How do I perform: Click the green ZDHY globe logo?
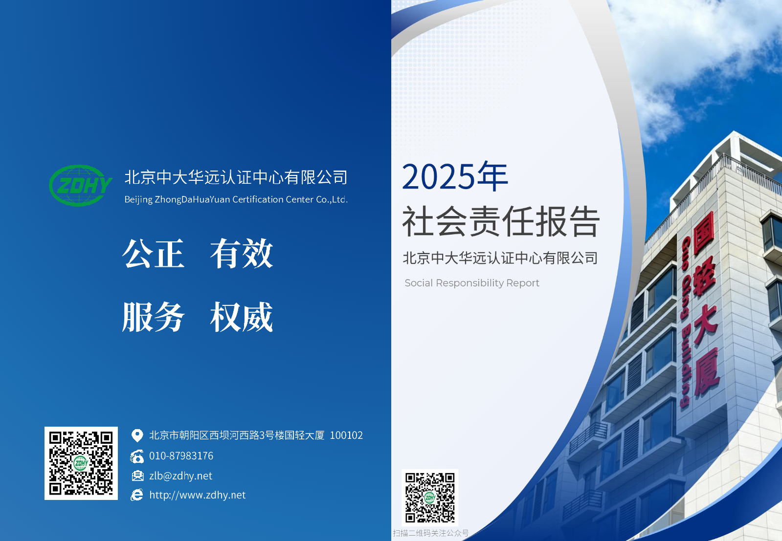[80, 185]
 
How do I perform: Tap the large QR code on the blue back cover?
[81, 463]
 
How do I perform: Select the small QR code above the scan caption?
[430, 498]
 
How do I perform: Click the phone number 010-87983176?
[181, 455]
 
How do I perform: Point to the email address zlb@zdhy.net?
[180, 476]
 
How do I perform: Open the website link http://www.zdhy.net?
[197, 495]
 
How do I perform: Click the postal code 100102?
[346, 435]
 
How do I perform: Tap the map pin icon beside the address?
[137, 435]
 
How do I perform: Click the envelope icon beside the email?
[137, 476]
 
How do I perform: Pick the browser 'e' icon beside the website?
[137, 495]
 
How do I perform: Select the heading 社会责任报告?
[501, 221]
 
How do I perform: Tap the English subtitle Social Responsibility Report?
[472, 283]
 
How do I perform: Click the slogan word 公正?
[153, 253]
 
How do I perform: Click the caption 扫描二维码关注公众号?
[431, 533]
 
